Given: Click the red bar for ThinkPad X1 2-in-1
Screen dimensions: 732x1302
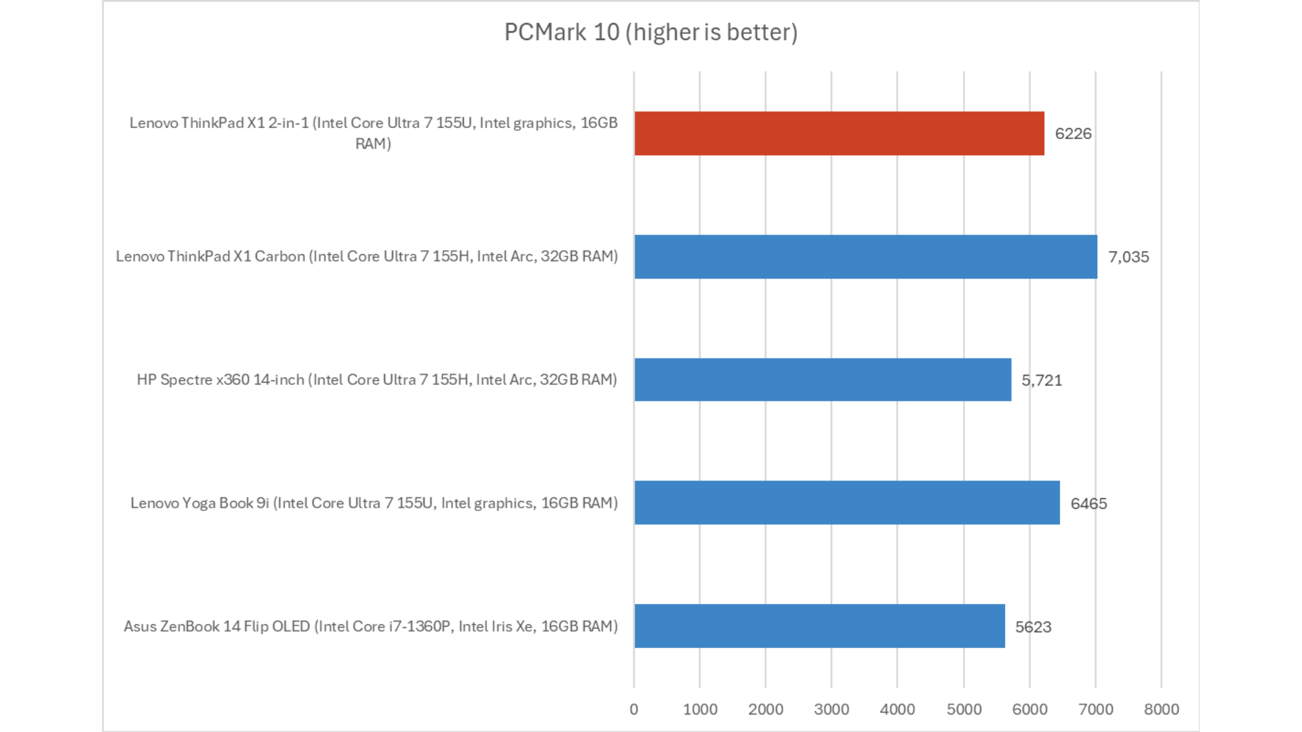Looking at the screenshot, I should [839, 134].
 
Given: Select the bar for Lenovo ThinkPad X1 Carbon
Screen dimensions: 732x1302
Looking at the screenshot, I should [865, 257].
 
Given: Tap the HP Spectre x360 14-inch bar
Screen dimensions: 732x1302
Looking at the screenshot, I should [823, 380].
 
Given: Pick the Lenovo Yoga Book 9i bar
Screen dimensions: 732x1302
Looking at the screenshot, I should [847, 503].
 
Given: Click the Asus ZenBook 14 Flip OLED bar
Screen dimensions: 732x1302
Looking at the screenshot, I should [819, 626].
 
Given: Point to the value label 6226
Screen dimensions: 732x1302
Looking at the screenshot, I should [1073, 134].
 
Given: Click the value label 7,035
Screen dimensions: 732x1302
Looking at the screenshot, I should [1128, 257].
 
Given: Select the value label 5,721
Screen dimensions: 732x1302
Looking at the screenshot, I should [1042, 380].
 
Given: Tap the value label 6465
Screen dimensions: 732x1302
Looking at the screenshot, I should [1088, 504].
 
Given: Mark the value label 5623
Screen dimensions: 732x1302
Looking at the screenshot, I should [1033, 627].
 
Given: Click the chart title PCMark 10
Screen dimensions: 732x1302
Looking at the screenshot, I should [651, 32].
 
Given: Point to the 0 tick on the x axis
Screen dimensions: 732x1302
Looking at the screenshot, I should [634, 710].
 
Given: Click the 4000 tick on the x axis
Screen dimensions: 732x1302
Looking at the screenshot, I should [897, 710].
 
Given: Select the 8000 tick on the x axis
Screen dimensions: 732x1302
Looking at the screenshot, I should [1161, 710].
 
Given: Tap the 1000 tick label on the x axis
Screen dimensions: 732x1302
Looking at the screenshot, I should [700, 710].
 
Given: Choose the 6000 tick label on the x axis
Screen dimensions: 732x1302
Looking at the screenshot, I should [1029, 710].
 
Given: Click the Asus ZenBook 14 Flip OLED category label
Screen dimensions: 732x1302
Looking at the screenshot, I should [370, 626].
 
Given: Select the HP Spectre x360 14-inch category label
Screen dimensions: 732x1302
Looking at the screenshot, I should [377, 380].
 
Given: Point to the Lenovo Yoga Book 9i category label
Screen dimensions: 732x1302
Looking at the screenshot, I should [374, 503].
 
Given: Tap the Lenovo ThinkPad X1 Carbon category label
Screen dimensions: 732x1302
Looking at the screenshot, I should [367, 256].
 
